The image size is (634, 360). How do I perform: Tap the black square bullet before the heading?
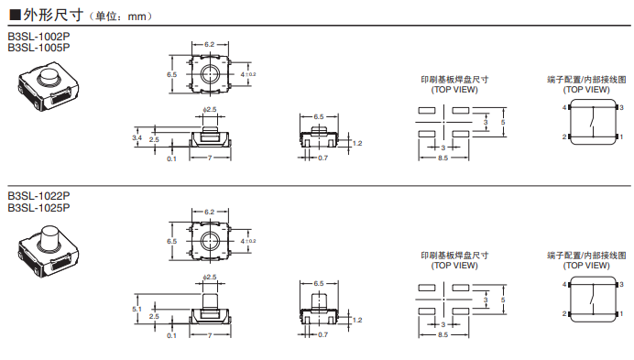[13, 16]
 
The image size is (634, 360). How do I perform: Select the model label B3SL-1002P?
[38, 38]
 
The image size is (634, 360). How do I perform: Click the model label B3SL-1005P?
[38, 48]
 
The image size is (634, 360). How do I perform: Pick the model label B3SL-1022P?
[38, 197]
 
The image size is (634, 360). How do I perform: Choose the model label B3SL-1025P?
[38, 208]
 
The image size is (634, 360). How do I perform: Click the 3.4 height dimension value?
[137, 137]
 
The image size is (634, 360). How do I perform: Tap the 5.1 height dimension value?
[137, 310]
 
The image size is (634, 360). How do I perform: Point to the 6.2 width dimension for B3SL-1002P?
[210, 44]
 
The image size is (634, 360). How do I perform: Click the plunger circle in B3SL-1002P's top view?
[210, 73]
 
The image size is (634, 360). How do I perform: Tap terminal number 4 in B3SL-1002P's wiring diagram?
[564, 107]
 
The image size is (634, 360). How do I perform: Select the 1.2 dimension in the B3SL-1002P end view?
[358, 144]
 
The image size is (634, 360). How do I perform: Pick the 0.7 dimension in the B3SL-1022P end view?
[322, 334]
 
